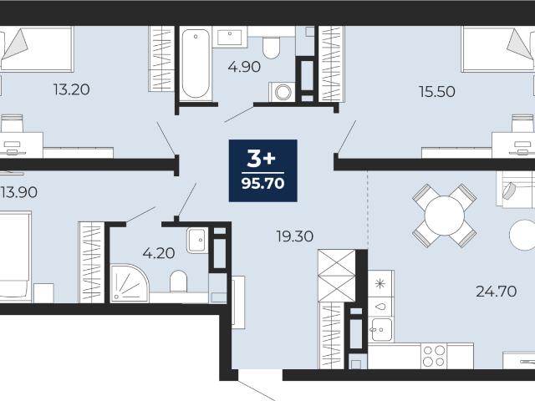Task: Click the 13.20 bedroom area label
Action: click(x=71, y=89)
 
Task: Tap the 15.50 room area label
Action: click(x=436, y=92)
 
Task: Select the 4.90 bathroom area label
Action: click(x=244, y=67)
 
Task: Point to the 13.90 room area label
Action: click(x=18, y=192)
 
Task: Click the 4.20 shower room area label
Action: click(x=159, y=253)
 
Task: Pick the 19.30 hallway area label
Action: click(x=295, y=236)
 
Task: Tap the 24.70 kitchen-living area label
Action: click(x=496, y=292)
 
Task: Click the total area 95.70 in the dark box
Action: click(x=262, y=184)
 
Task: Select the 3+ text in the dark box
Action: click(x=262, y=159)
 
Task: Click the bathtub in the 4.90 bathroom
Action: click(x=196, y=63)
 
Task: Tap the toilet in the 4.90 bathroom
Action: click(x=271, y=47)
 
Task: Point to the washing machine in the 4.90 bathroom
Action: click(x=283, y=92)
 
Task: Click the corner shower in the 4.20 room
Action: click(x=129, y=283)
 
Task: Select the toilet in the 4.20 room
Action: click(x=178, y=282)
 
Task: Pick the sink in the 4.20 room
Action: click(x=197, y=240)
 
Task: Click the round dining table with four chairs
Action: click(x=444, y=216)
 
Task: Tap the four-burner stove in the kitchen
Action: click(x=434, y=356)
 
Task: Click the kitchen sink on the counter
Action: click(x=381, y=330)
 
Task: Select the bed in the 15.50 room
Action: click(x=498, y=49)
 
